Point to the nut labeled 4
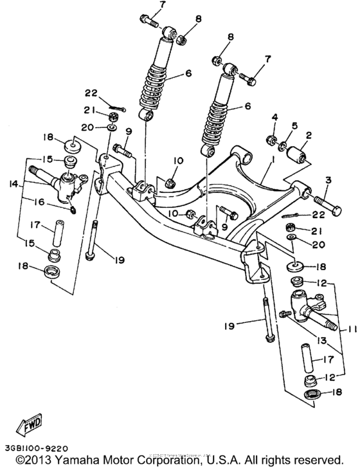[272, 139]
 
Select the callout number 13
[319, 340]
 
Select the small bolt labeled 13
[286, 313]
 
